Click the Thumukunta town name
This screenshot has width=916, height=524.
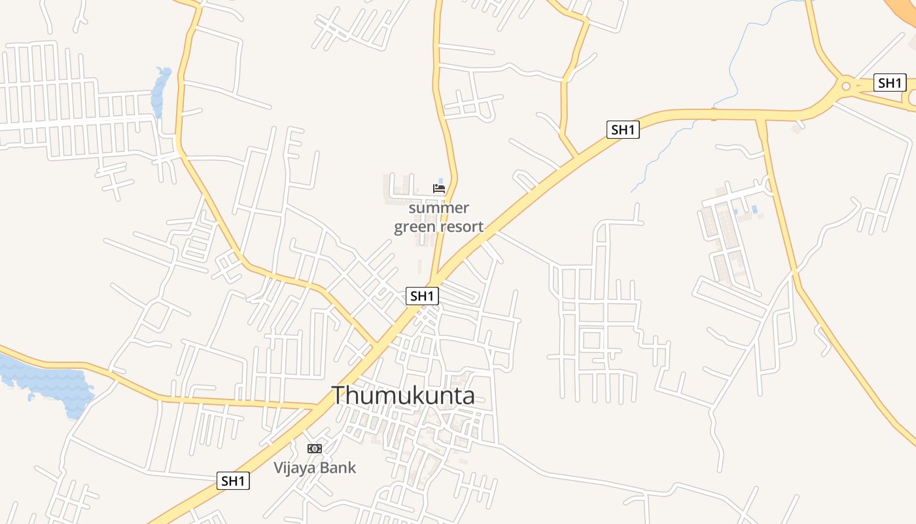pos(402,396)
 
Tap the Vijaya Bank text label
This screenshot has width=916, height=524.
pos(315,468)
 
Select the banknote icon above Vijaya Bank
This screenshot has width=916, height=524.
pos(315,449)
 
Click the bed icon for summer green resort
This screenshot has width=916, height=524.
pos(439,189)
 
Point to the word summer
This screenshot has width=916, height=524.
pos(439,208)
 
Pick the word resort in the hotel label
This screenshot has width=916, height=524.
pos(462,227)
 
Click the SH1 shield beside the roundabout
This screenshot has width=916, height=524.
pos(890,83)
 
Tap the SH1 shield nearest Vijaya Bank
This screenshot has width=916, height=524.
pos(233,481)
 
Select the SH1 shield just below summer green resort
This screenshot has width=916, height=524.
pos(422,296)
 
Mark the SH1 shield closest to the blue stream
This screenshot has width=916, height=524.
pos(623,130)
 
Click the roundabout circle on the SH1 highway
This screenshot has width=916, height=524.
pos(846,84)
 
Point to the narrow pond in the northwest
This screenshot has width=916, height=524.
pos(160,92)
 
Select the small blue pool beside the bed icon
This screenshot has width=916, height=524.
pos(440,181)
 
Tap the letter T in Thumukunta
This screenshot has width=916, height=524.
pos(338,396)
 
